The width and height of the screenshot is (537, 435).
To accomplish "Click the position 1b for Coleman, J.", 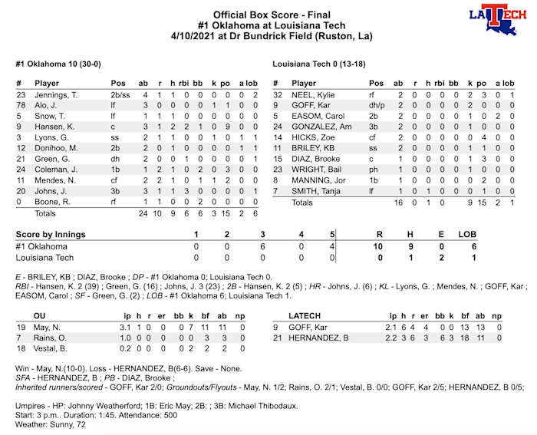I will [x=116, y=170].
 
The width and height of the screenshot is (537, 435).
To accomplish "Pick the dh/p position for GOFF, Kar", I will [x=376, y=105].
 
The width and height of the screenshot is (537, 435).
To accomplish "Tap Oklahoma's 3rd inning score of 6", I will [x=262, y=246].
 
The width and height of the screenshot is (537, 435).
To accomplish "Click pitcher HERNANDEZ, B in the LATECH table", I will [x=321, y=338].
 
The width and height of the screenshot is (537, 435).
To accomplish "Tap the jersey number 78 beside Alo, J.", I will [x=21, y=105].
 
